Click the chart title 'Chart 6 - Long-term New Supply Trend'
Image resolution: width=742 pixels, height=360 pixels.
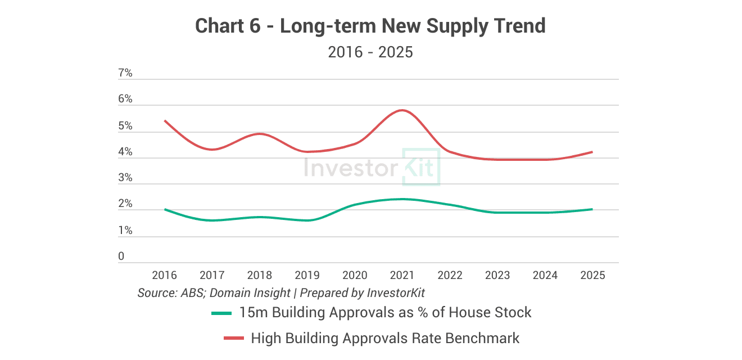370,26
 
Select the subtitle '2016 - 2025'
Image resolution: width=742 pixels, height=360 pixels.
370,52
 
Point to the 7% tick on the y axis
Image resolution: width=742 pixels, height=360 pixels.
125,73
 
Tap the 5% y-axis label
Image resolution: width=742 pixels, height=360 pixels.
125,126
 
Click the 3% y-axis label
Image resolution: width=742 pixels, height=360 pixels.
125,178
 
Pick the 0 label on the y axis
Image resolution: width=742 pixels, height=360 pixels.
121,256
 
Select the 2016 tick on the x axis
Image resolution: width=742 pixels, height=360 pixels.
164,275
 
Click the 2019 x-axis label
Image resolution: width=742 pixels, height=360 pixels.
307,275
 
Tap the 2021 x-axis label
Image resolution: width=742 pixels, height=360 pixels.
402,275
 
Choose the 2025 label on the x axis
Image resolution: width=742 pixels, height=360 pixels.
592,275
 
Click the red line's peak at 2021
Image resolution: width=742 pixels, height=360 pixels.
402,110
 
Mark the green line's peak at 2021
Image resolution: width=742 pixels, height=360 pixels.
402,199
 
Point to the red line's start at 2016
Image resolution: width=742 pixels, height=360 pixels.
165,121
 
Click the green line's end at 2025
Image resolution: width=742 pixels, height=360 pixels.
592,209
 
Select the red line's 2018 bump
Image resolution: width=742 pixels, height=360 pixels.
259,134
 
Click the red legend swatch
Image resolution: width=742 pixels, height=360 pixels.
234,338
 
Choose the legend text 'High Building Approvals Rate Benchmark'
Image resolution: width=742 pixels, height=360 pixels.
385,338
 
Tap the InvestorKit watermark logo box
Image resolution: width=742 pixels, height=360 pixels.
420,167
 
